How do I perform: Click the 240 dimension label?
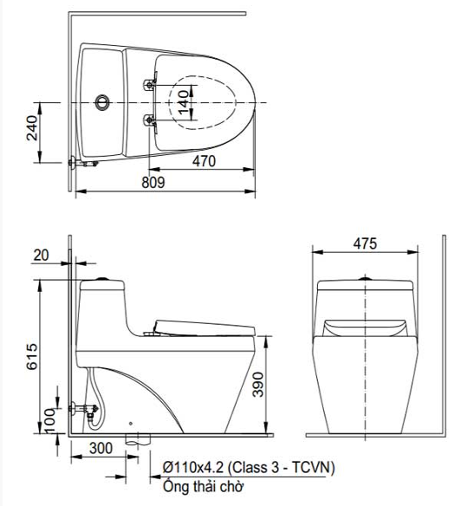31,127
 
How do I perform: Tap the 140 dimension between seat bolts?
183,102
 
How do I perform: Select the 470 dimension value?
204,161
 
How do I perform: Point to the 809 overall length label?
153,183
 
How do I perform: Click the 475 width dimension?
365,243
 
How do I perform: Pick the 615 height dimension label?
31,357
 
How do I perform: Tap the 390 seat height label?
258,384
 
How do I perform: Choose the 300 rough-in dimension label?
101,448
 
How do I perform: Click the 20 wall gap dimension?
41,256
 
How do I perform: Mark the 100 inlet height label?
49,421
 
